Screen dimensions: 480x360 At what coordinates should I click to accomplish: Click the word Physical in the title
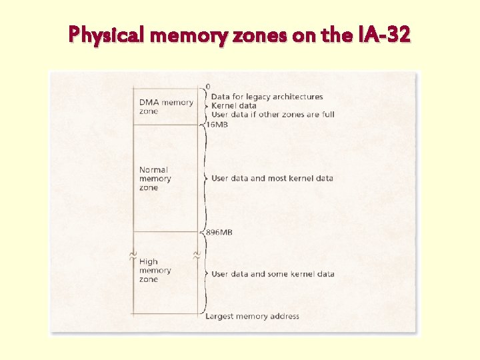[x=107, y=33]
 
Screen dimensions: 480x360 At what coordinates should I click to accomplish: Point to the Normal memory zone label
[x=155, y=179]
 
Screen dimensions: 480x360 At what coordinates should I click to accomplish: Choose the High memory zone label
[x=155, y=271]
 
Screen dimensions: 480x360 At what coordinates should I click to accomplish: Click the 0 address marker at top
[x=208, y=87]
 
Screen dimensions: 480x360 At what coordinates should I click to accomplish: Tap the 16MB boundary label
[x=217, y=125]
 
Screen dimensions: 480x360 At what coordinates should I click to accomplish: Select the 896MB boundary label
[x=219, y=232]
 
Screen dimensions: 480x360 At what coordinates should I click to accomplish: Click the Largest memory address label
[x=252, y=316]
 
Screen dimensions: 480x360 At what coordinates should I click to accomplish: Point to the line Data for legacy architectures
[x=267, y=97]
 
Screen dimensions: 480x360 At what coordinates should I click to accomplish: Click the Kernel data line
[x=233, y=105]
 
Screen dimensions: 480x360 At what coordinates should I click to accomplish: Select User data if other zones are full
[x=273, y=114]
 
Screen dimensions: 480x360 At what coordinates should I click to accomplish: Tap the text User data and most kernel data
[x=272, y=178]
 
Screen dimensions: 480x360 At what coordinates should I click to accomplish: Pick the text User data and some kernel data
[x=273, y=274]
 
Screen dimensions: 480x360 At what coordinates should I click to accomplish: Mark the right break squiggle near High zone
[x=197, y=255]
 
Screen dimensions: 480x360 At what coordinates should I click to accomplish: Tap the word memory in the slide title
[x=189, y=33]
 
